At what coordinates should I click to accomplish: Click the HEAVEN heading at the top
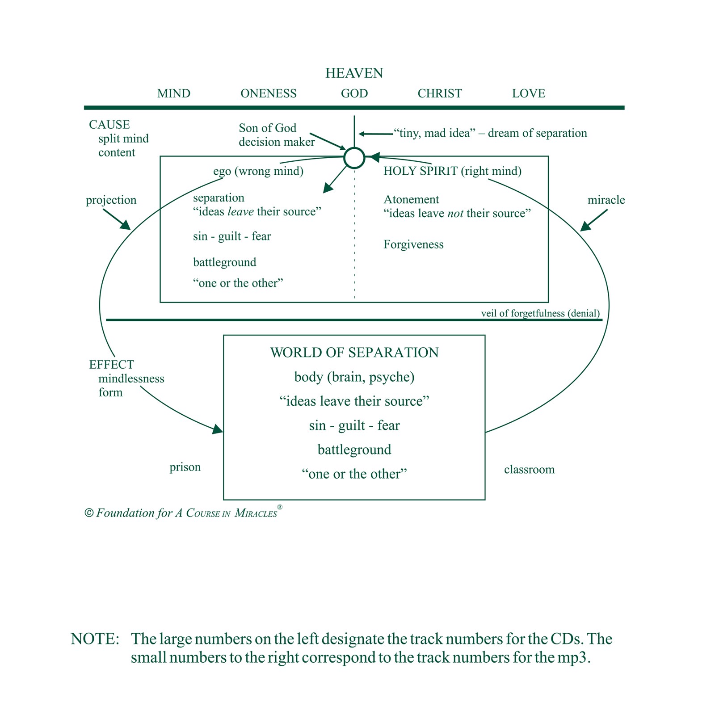coord(354,73)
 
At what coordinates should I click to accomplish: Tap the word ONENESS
coord(269,93)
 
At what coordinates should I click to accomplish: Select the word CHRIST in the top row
coord(440,93)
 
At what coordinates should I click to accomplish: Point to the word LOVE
coord(529,93)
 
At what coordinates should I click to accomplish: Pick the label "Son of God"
coord(267,128)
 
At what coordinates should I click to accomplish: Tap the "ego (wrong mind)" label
coord(258,171)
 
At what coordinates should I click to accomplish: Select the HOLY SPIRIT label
coord(421,171)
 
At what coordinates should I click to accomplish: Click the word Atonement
coord(411,199)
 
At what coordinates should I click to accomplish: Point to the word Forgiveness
coord(413,244)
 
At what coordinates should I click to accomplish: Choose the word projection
coord(111,200)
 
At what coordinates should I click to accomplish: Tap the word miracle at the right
coord(606,200)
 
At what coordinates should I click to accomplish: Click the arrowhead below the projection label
coord(125,225)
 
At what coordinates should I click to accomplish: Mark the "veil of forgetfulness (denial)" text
coord(540,313)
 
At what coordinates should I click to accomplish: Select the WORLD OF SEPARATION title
coord(354,353)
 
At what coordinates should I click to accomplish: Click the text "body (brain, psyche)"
coord(354,377)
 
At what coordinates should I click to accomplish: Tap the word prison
coord(185,467)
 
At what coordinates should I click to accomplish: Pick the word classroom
coord(530,469)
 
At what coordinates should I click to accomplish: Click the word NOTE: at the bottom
coord(95,639)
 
